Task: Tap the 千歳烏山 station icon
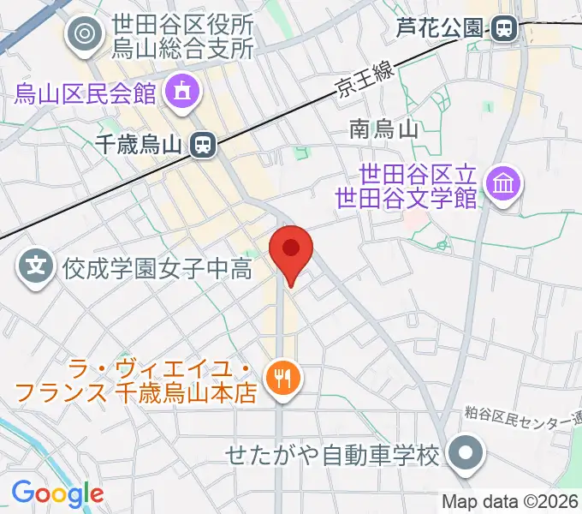pyautogui.click(x=203, y=145)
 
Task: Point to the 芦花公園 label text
pyautogui.click(x=438, y=29)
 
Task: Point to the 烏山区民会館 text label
pyautogui.click(x=86, y=92)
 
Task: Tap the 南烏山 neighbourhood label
pyautogui.click(x=383, y=130)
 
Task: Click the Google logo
pyautogui.click(x=57, y=493)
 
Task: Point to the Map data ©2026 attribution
pyautogui.click(x=510, y=501)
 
